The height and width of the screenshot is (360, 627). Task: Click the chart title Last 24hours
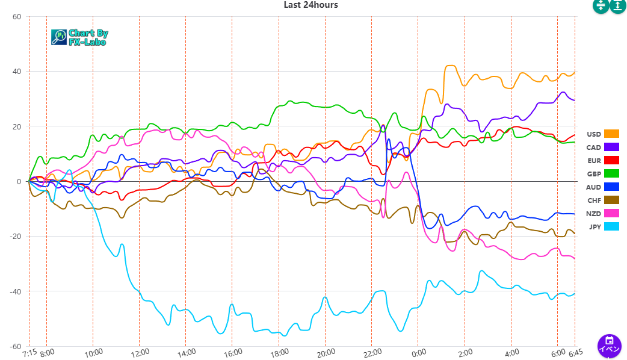pos(310,5)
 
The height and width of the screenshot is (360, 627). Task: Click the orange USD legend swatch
pos(611,134)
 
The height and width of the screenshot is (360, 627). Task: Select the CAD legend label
pos(593,147)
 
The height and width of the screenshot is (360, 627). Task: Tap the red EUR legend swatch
pos(611,160)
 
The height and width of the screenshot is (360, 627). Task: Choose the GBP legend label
pos(593,174)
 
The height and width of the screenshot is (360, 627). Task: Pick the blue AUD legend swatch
pos(611,187)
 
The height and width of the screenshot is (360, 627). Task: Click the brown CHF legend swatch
pos(611,200)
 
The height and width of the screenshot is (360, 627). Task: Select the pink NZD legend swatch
pos(611,213)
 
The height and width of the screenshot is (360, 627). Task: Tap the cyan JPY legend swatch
pos(611,226)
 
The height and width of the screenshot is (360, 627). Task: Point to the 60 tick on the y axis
pos(16,17)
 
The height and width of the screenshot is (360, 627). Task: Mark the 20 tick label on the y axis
pos(16,127)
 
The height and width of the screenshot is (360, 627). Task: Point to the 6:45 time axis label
pos(576,352)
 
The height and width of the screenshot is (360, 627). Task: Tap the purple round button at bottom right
pos(609,346)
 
